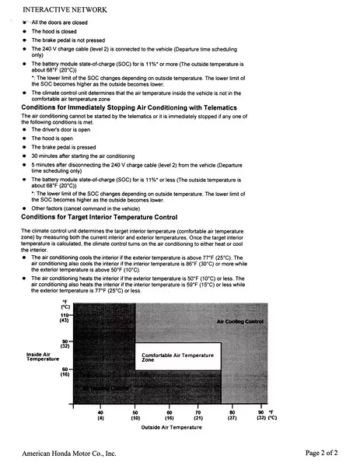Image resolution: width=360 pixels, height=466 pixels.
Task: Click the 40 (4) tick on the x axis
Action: tap(100, 415)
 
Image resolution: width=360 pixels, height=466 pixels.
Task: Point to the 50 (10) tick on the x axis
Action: tap(135, 415)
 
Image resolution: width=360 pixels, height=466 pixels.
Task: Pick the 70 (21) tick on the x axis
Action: tap(198, 415)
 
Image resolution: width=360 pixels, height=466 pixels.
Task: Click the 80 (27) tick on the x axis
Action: tap(232, 415)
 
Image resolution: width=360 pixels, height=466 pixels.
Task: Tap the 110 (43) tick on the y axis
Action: tap(65, 317)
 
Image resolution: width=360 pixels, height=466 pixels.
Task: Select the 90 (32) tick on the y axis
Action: tap(65, 343)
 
